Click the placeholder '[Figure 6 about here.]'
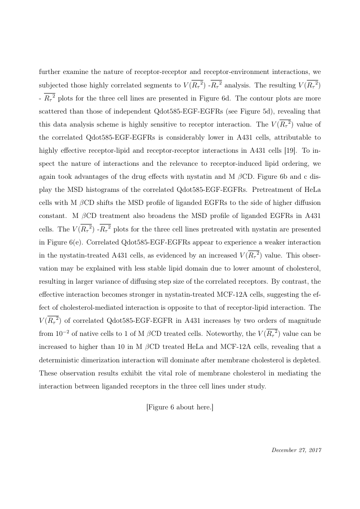pos(180,407)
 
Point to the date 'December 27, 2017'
pos(296,450)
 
